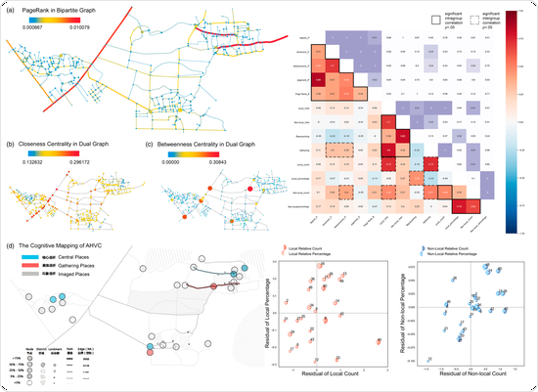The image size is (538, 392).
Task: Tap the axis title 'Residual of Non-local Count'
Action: point(464,376)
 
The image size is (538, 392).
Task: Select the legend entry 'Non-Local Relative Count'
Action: point(461,251)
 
